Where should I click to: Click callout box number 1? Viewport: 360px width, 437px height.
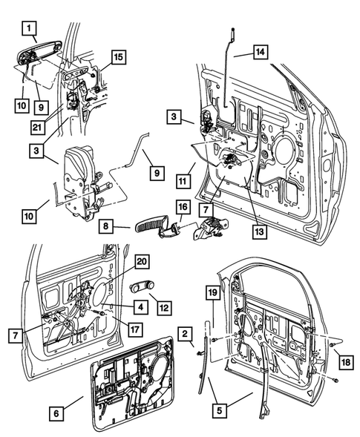(29, 30)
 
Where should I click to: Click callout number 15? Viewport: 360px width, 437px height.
(119, 56)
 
